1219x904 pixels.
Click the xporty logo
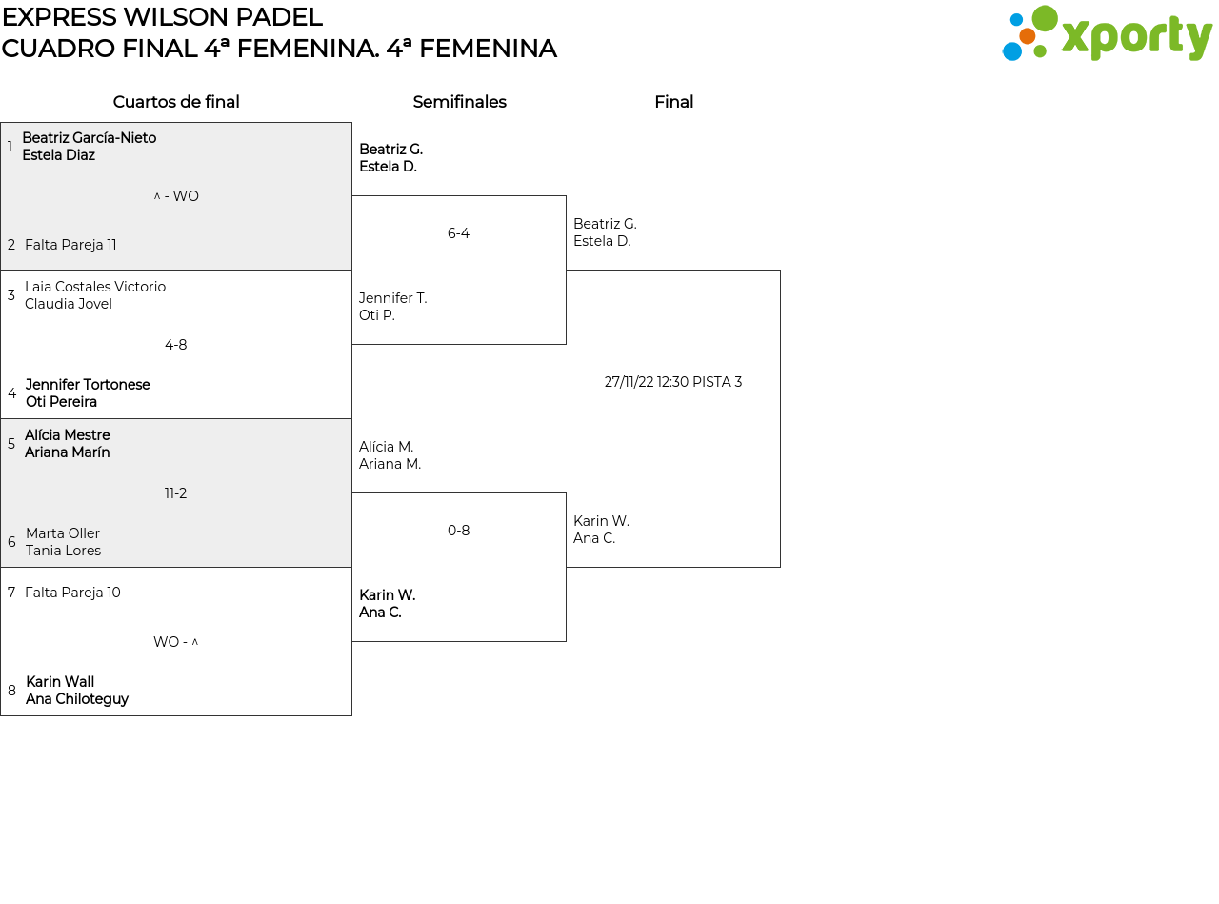point(1107,33)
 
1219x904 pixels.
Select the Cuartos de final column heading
point(176,102)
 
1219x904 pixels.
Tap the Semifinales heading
point(459,102)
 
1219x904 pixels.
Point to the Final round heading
point(674,102)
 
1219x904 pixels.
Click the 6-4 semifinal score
point(458,233)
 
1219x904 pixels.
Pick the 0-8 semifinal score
point(458,530)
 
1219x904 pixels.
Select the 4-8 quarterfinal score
point(176,344)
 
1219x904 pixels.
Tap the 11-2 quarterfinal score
point(176,492)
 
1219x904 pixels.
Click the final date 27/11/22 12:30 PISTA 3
point(673,382)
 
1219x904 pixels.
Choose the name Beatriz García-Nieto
point(89,137)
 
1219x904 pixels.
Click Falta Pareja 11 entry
point(70,245)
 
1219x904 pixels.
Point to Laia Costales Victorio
point(95,287)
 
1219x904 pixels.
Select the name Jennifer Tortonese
point(88,384)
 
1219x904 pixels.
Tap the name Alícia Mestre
point(67,435)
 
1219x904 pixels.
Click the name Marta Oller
point(63,532)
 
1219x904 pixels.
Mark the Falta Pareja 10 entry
point(72,593)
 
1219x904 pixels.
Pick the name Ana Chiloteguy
point(77,699)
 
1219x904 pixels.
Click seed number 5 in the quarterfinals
point(11,443)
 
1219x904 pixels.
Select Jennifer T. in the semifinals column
point(393,298)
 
